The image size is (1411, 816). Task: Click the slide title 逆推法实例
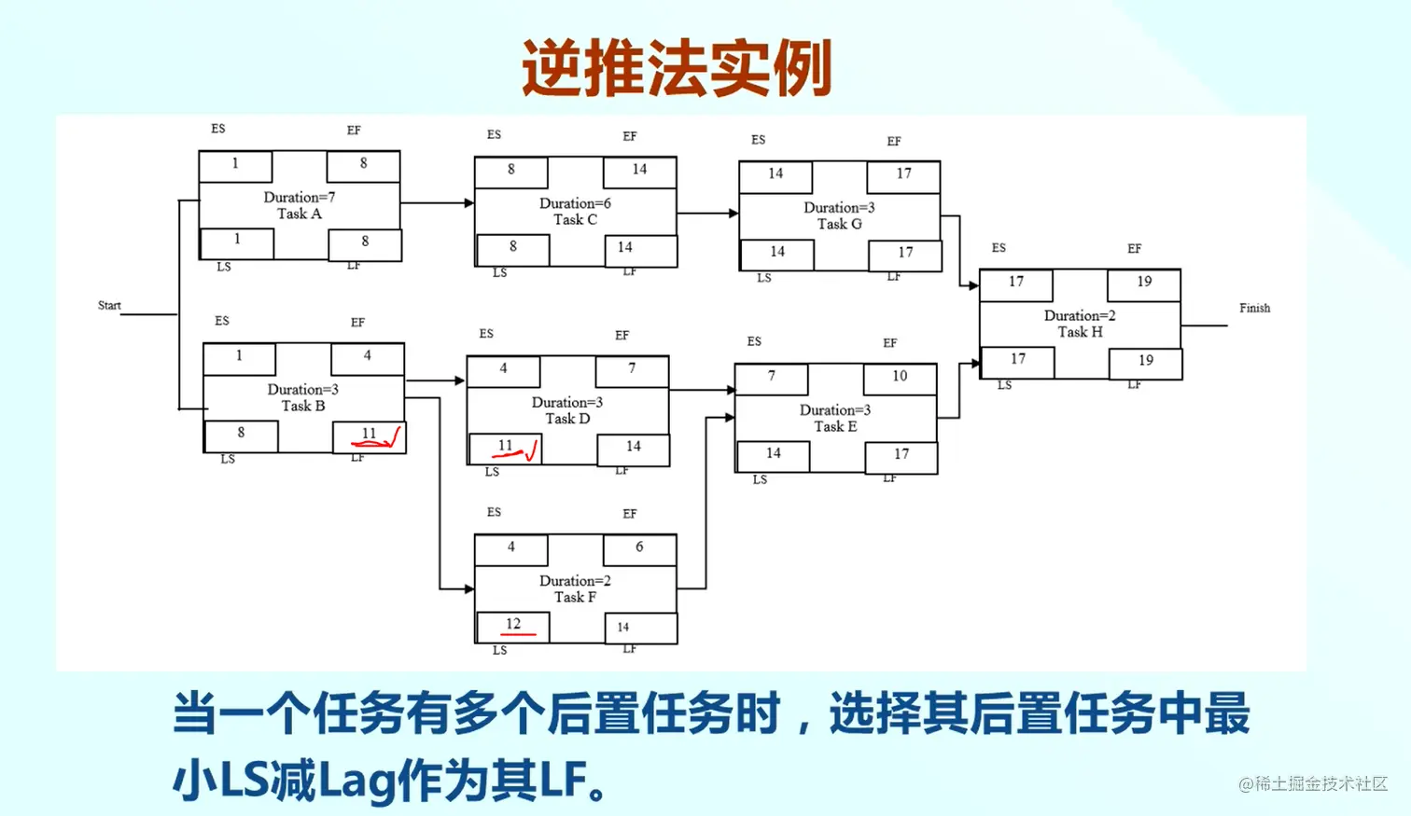(677, 67)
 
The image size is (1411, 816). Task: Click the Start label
(109, 305)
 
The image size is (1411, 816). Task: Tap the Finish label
(1254, 308)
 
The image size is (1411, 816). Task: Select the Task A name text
(299, 214)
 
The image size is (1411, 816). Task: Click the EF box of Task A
(363, 165)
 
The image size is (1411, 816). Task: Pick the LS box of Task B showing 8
(241, 435)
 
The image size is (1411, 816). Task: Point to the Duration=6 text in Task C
(575, 203)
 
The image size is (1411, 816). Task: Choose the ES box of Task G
(775, 175)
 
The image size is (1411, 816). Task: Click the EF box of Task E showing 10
(900, 378)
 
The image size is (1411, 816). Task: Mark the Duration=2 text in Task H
(1080, 315)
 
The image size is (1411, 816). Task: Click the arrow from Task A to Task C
(437, 202)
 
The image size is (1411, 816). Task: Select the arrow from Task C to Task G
(707, 214)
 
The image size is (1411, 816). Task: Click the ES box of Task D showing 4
(503, 370)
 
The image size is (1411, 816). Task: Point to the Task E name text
(835, 426)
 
